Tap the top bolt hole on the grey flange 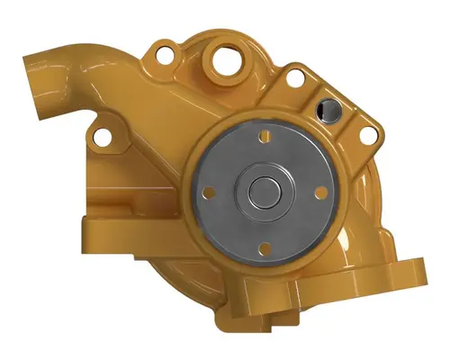[x=265, y=137]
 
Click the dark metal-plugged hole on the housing [x=325, y=111]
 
